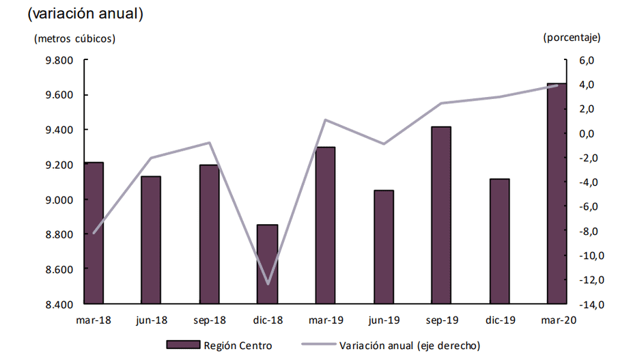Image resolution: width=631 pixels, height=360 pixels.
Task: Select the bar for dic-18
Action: point(268,264)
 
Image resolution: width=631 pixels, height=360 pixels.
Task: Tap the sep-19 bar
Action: point(440,215)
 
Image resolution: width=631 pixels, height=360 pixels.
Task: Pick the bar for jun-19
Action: point(384,247)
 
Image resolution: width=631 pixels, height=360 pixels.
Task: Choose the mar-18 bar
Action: point(94,233)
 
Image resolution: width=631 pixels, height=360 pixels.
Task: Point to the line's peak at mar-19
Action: point(326,120)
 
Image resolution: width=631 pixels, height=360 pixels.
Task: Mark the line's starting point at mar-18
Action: point(94,233)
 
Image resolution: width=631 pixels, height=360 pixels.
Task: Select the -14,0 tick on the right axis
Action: point(591,304)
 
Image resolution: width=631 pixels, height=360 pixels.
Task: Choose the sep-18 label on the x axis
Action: point(209,320)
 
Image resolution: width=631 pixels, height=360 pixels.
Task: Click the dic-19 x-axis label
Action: point(499,320)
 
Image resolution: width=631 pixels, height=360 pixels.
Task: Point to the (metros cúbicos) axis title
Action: point(75,38)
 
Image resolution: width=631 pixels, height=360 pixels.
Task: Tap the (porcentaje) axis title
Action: point(571,38)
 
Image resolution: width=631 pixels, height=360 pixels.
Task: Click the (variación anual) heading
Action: point(85,13)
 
